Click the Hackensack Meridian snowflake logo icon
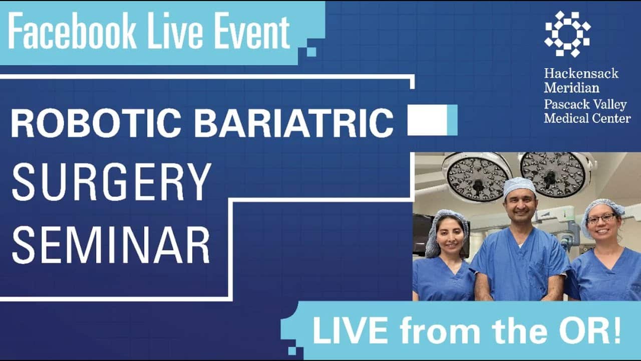coord(567,34)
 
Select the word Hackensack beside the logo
coord(581,74)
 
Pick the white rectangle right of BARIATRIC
coord(427,120)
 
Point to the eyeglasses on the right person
coord(601,219)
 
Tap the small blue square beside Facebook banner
coord(311,51)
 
